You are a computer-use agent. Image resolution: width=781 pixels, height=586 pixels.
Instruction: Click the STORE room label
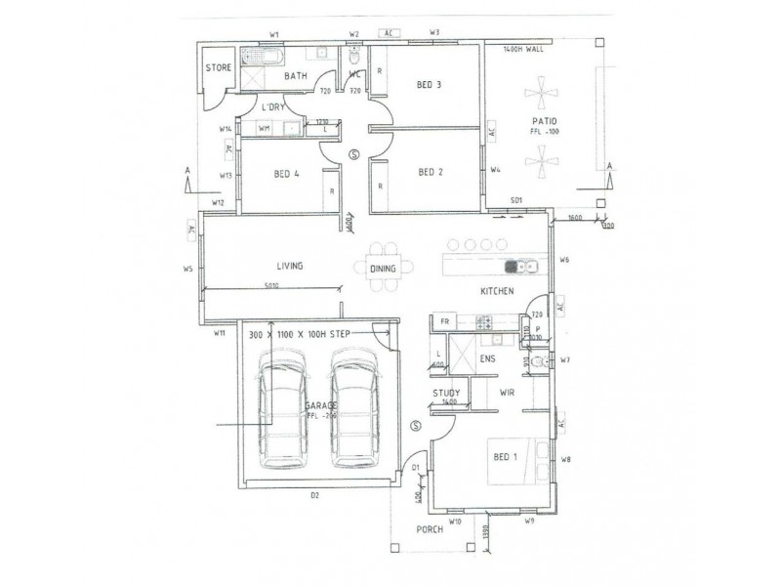tap(217, 68)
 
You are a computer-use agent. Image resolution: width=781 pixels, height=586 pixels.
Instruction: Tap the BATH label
tap(297, 75)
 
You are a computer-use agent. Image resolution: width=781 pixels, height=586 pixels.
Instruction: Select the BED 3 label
tap(430, 85)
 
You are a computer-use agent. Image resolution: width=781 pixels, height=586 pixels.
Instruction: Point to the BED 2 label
tap(431, 173)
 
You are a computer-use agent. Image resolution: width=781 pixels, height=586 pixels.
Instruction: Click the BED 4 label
tap(283, 174)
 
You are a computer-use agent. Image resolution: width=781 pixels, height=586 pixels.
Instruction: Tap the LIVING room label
tap(289, 266)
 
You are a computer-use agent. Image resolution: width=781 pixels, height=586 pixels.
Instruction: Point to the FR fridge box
tap(444, 321)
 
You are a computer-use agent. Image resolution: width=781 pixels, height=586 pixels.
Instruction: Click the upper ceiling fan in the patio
tap(540, 98)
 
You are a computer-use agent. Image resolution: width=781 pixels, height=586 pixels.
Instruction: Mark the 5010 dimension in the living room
tap(272, 285)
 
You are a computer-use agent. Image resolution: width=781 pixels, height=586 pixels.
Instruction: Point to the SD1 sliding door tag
tap(516, 201)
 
